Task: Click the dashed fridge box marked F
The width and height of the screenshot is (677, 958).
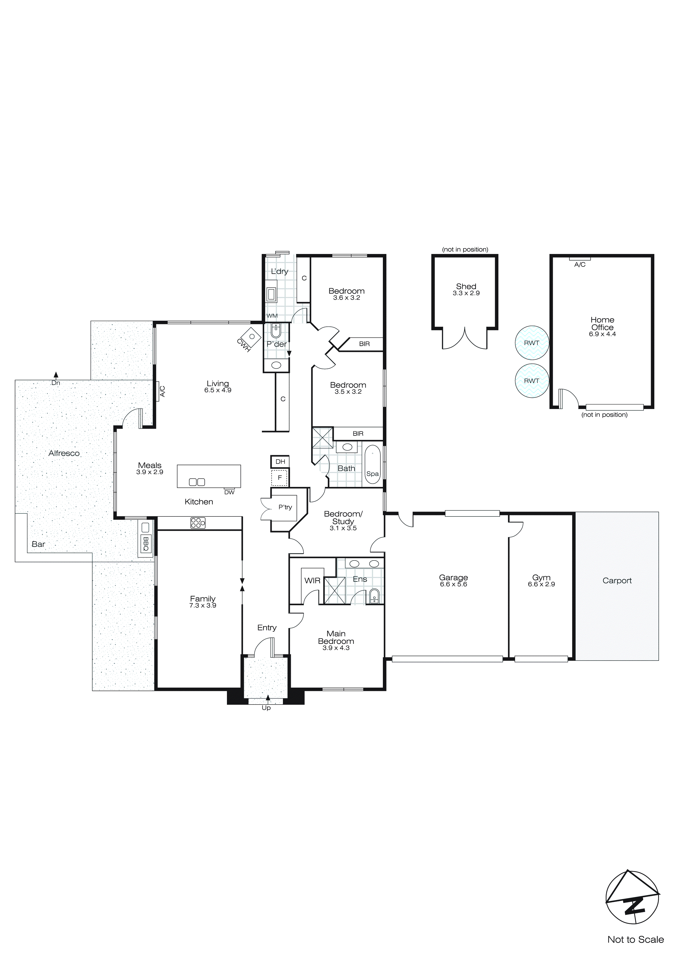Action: tap(280, 478)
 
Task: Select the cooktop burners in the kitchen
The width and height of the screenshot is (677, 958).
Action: tap(198, 523)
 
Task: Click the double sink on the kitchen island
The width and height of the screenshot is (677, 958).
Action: tap(197, 482)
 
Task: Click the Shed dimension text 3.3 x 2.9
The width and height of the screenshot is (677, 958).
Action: tap(466, 293)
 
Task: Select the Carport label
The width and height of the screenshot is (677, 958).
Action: tap(617, 580)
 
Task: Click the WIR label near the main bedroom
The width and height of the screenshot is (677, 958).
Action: tap(312, 580)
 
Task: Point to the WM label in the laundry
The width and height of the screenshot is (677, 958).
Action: tap(272, 316)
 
